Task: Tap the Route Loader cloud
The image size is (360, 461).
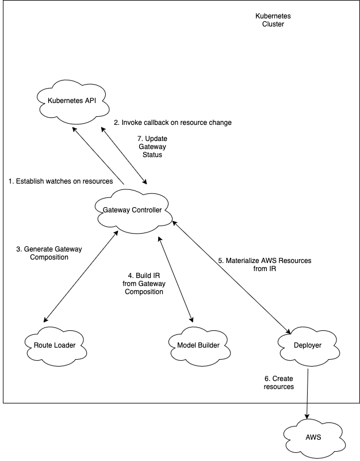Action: (x=55, y=345)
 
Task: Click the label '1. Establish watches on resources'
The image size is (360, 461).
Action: (x=61, y=181)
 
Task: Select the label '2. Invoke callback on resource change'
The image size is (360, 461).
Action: (x=173, y=123)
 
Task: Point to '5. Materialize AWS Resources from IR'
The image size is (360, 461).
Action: (x=264, y=264)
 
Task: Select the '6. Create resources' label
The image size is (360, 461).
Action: (x=279, y=382)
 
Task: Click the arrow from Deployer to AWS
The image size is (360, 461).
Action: (x=308, y=391)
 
